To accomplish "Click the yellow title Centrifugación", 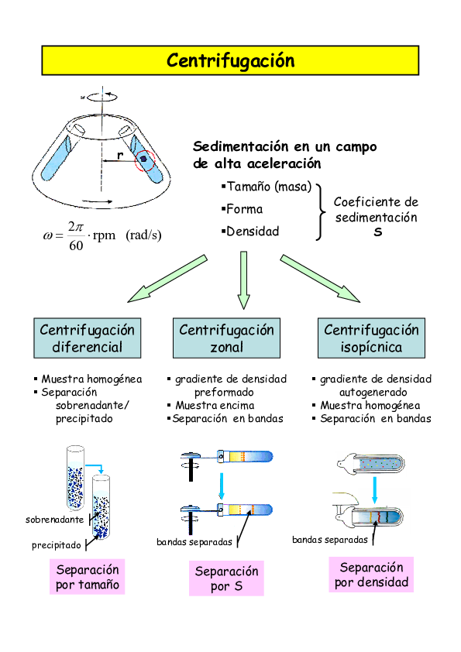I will (x=230, y=60).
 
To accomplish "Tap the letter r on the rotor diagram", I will (x=119, y=156).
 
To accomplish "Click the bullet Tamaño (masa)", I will (x=268, y=187).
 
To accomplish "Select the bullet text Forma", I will (x=244, y=209).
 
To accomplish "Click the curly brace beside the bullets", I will (x=320, y=209).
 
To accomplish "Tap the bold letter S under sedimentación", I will (x=377, y=232).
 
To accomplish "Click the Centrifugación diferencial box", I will (x=88, y=338).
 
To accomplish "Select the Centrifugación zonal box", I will (x=226, y=338).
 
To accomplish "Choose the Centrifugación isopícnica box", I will (x=371, y=338).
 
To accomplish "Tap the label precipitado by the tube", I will (x=57, y=545).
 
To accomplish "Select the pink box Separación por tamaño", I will (x=88, y=578).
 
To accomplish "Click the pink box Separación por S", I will (x=226, y=579).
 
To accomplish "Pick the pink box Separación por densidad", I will (x=371, y=575).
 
